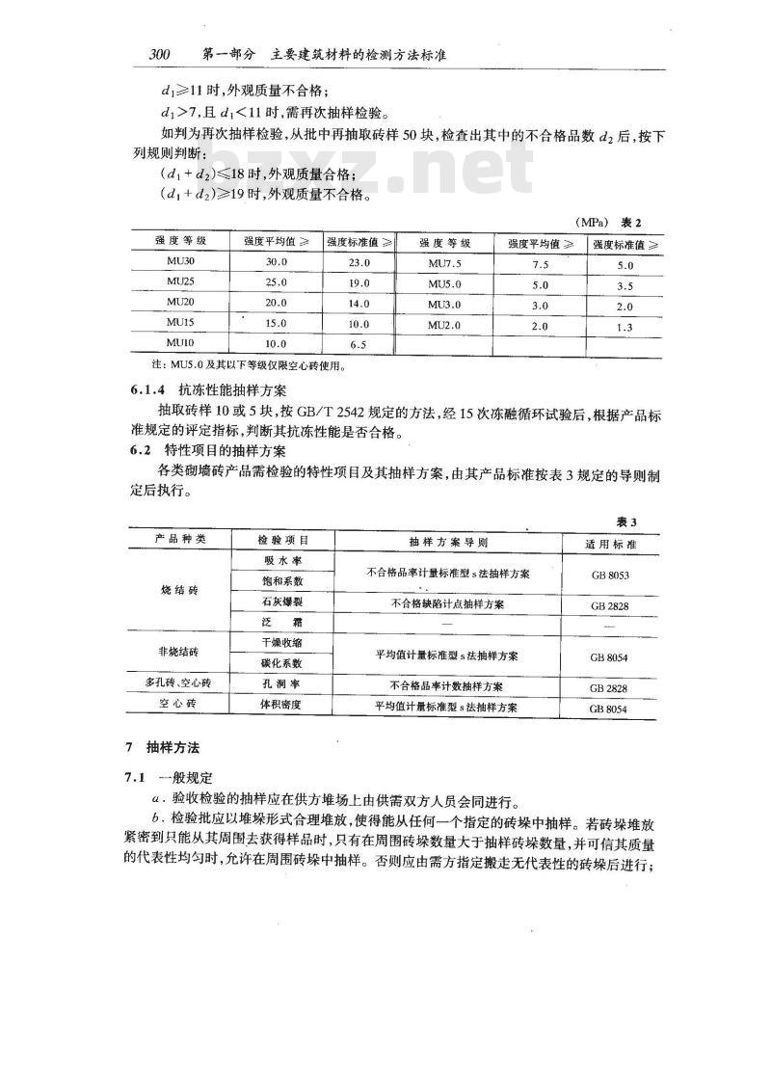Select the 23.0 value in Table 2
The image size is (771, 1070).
pyautogui.click(x=355, y=262)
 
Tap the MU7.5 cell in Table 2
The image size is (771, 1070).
pyautogui.click(x=443, y=263)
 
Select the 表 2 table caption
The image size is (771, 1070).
pyautogui.click(x=629, y=222)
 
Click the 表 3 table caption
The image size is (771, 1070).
pyautogui.click(x=626, y=522)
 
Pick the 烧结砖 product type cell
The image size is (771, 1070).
pyautogui.click(x=179, y=592)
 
